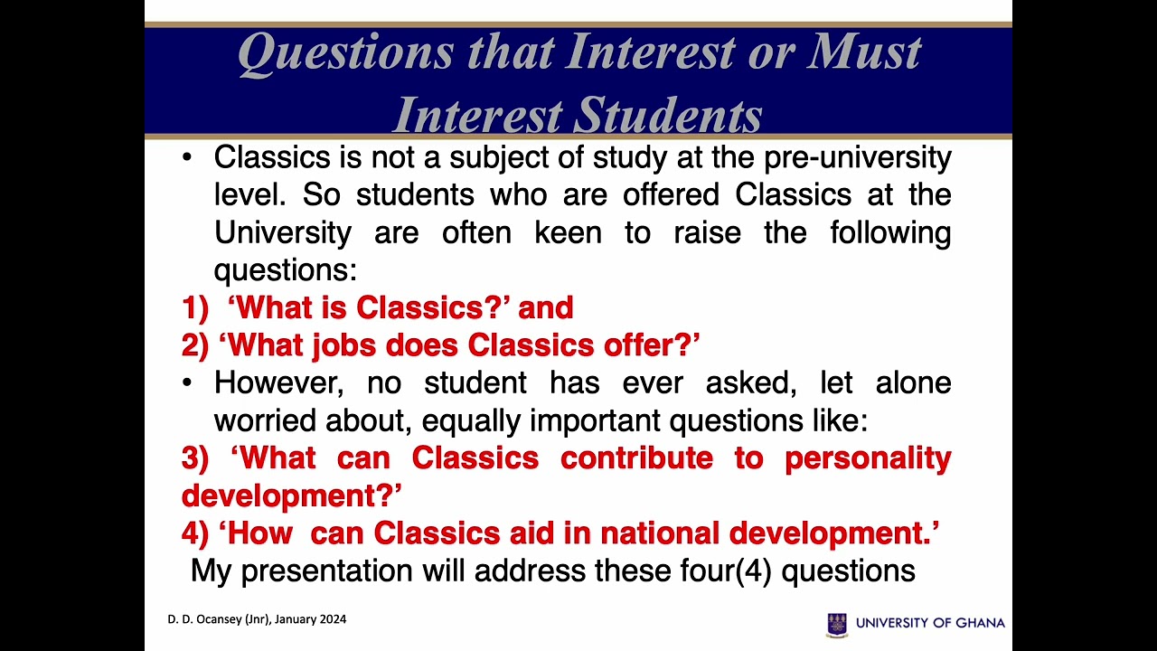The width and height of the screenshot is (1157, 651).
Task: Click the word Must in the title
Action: (x=863, y=52)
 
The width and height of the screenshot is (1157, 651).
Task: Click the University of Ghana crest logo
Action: (x=837, y=624)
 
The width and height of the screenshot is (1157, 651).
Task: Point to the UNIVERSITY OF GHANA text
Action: (x=930, y=623)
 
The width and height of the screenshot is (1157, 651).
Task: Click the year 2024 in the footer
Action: (x=331, y=619)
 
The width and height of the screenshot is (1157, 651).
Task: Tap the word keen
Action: (x=568, y=232)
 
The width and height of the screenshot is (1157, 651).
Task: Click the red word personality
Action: (x=867, y=458)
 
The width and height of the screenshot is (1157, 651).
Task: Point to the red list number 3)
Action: (x=196, y=458)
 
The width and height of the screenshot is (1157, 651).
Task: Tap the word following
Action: (x=889, y=232)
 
